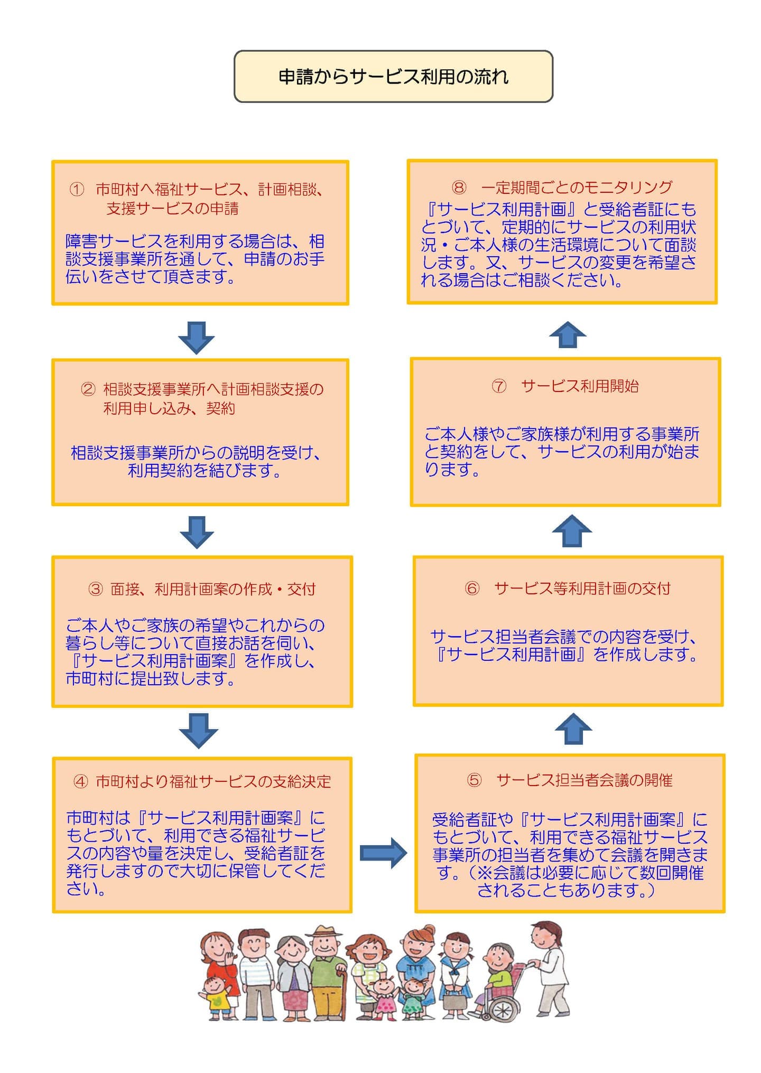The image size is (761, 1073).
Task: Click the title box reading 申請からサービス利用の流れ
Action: point(393,77)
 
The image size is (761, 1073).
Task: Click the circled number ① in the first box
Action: point(77,189)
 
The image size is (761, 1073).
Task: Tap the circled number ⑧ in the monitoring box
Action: point(459,187)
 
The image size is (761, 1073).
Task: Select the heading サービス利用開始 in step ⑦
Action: point(580,386)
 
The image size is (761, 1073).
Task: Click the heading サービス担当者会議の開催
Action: point(584,780)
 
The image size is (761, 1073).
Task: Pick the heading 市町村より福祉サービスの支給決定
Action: point(213,781)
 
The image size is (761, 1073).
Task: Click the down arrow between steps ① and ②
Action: point(196,337)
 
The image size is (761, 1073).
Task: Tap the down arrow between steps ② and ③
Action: point(197,531)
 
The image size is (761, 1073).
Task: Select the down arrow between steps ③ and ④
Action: point(198,731)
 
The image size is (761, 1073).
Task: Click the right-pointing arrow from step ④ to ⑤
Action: point(383,852)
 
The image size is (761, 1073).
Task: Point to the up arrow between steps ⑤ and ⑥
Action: point(573,729)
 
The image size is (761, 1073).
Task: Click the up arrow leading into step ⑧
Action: point(568,334)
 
